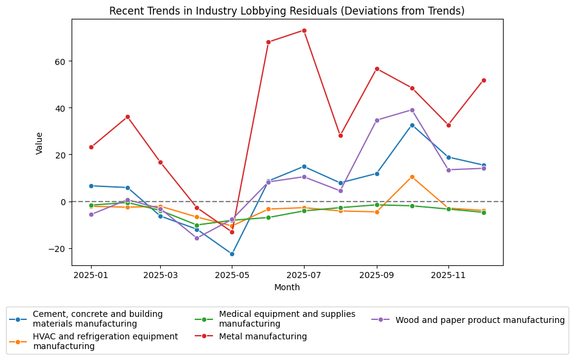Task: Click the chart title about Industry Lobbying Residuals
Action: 287,11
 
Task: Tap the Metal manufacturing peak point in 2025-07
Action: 304,30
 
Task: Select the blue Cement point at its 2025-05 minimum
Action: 232,254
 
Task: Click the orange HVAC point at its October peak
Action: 412,177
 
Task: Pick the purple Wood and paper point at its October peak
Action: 412,110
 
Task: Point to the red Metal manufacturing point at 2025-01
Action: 91,147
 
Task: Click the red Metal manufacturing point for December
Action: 484,80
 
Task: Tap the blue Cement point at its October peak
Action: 412,125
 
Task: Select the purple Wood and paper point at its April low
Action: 197,238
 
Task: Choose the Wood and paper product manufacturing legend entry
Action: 479,320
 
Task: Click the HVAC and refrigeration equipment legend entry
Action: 105,341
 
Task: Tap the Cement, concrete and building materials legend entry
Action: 97,319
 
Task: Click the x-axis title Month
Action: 287,287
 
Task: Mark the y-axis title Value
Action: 39,143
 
